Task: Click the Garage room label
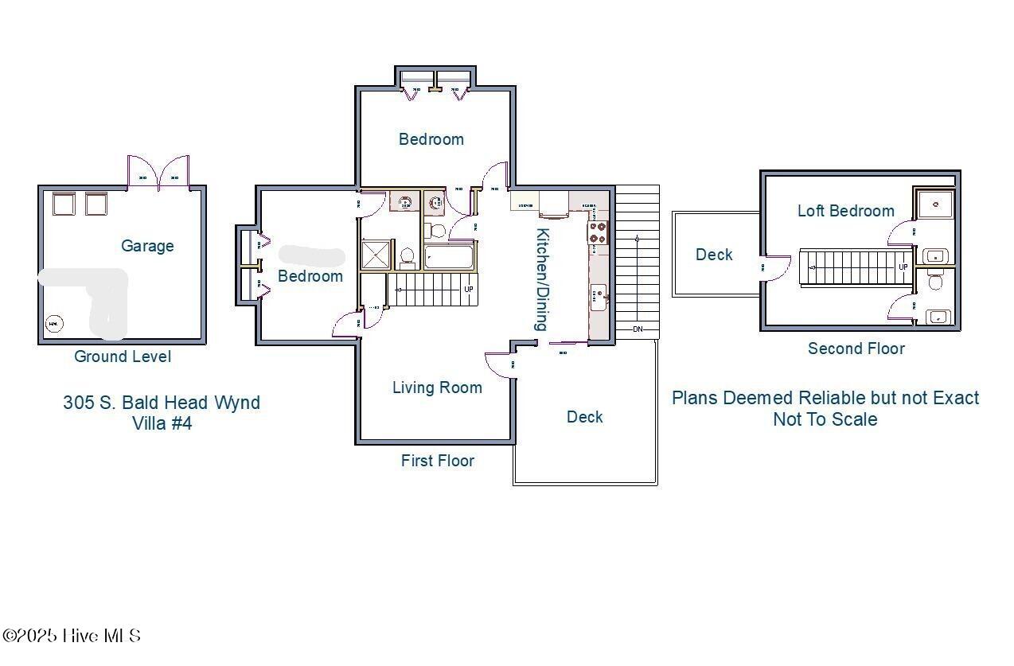click(147, 246)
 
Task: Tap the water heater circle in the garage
click(53, 323)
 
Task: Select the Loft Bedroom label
click(845, 211)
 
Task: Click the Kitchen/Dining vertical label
click(542, 279)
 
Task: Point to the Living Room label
click(437, 388)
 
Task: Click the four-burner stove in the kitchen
click(598, 232)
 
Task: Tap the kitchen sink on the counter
click(598, 298)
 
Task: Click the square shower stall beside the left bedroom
click(373, 255)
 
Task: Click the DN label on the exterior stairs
click(638, 329)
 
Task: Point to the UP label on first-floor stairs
click(469, 289)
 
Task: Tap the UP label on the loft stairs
click(903, 267)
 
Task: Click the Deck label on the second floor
click(714, 255)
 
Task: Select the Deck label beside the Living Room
click(584, 417)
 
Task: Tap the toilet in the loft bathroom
click(935, 282)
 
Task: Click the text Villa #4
click(162, 423)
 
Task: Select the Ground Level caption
click(123, 356)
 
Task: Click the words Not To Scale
click(825, 419)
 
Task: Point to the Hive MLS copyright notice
click(72, 636)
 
